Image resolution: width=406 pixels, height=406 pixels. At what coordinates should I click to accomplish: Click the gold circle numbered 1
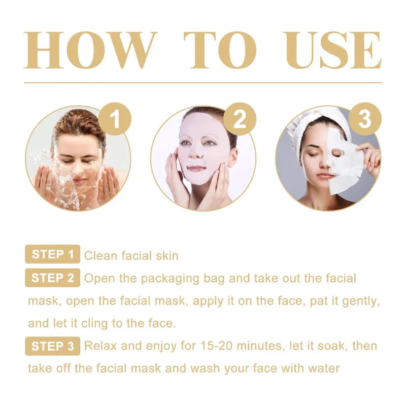point(115,120)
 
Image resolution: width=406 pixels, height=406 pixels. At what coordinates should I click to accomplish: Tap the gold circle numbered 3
point(364,120)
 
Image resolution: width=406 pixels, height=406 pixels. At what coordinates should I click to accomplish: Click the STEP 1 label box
point(52,255)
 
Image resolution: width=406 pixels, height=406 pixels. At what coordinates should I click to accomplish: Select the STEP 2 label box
point(52,278)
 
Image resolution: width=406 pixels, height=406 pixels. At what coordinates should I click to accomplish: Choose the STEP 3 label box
point(52,347)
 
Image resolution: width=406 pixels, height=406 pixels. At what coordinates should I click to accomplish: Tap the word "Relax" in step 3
point(100,347)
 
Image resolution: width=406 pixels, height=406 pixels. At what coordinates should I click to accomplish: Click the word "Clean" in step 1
point(100,255)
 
